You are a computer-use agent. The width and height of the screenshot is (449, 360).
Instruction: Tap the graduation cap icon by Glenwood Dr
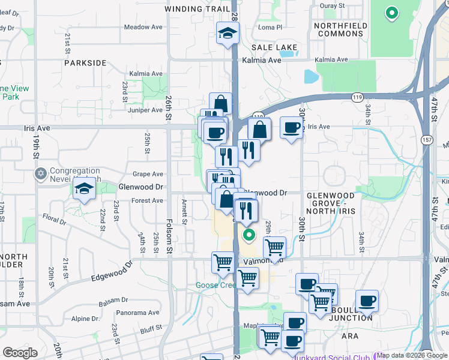[x=85, y=189]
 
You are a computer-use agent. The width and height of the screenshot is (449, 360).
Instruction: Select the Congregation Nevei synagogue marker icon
[x=41, y=174]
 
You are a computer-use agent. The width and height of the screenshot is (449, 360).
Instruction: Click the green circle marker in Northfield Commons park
[x=391, y=12]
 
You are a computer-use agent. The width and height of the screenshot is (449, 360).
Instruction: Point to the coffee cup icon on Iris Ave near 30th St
[x=292, y=128]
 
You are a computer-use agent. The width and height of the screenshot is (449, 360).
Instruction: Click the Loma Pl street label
[x=270, y=27]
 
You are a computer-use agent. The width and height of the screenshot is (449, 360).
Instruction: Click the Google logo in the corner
[x=20, y=353]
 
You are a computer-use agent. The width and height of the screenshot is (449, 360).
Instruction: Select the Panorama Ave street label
[x=138, y=313]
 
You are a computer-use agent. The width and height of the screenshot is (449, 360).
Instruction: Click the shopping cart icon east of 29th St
[x=274, y=246]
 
